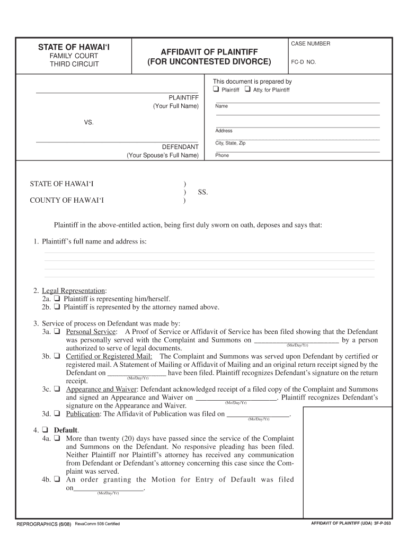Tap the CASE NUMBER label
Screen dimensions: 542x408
[x=311, y=43]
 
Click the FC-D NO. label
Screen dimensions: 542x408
[x=304, y=62]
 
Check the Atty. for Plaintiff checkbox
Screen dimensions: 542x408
[x=247, y=89]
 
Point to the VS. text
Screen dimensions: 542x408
[x=88, y=122]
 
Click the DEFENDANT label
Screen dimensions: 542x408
[x=180, y=147]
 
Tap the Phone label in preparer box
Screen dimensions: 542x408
[x=222, y=156]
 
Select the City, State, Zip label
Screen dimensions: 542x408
[x=230, y=143]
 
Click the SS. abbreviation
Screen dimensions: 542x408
[x=203, y=193]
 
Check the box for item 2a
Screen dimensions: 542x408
[x=57, y=299]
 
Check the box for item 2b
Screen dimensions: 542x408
[x=57, y=307]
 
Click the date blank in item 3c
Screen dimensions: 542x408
[x=236, y=397]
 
